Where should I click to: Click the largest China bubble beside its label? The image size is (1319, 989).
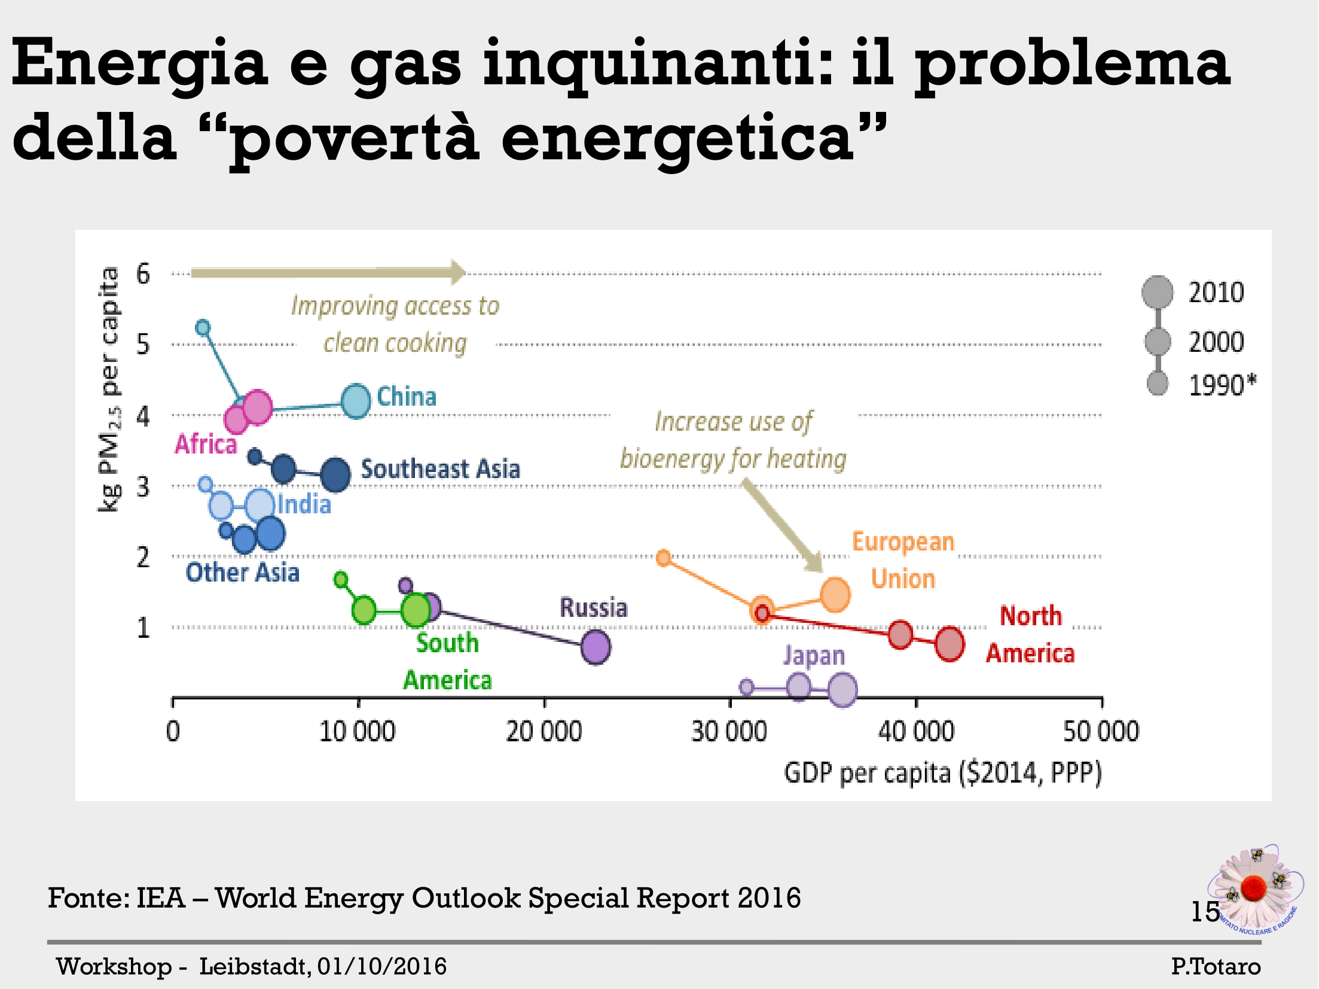point(356,401)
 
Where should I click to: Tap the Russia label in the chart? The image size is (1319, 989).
point(593,608)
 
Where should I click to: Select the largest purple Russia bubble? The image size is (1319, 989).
point(596,647)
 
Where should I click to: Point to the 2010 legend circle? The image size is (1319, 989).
point(1158,292)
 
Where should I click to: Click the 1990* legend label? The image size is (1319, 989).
point(1222,385)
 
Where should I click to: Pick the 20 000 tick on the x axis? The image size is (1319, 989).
point(544,732)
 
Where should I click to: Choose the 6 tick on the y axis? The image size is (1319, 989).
point(143,274)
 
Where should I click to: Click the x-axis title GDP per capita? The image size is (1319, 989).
point(942,772)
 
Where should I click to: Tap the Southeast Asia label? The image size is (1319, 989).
point(440,469)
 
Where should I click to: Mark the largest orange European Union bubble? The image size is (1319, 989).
point(835,595)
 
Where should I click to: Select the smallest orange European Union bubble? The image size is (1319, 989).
point(663,558)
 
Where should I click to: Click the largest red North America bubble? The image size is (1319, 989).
point(949,644)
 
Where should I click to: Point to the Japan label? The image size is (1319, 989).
point(814,656)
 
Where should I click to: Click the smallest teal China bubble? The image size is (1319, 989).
point(203,327)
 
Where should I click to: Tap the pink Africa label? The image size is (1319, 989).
point(206,445)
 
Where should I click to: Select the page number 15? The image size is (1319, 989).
point(1204,912)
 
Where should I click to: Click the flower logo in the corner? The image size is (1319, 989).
point(1254,889)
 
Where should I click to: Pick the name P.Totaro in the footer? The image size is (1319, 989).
point(1216,966)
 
